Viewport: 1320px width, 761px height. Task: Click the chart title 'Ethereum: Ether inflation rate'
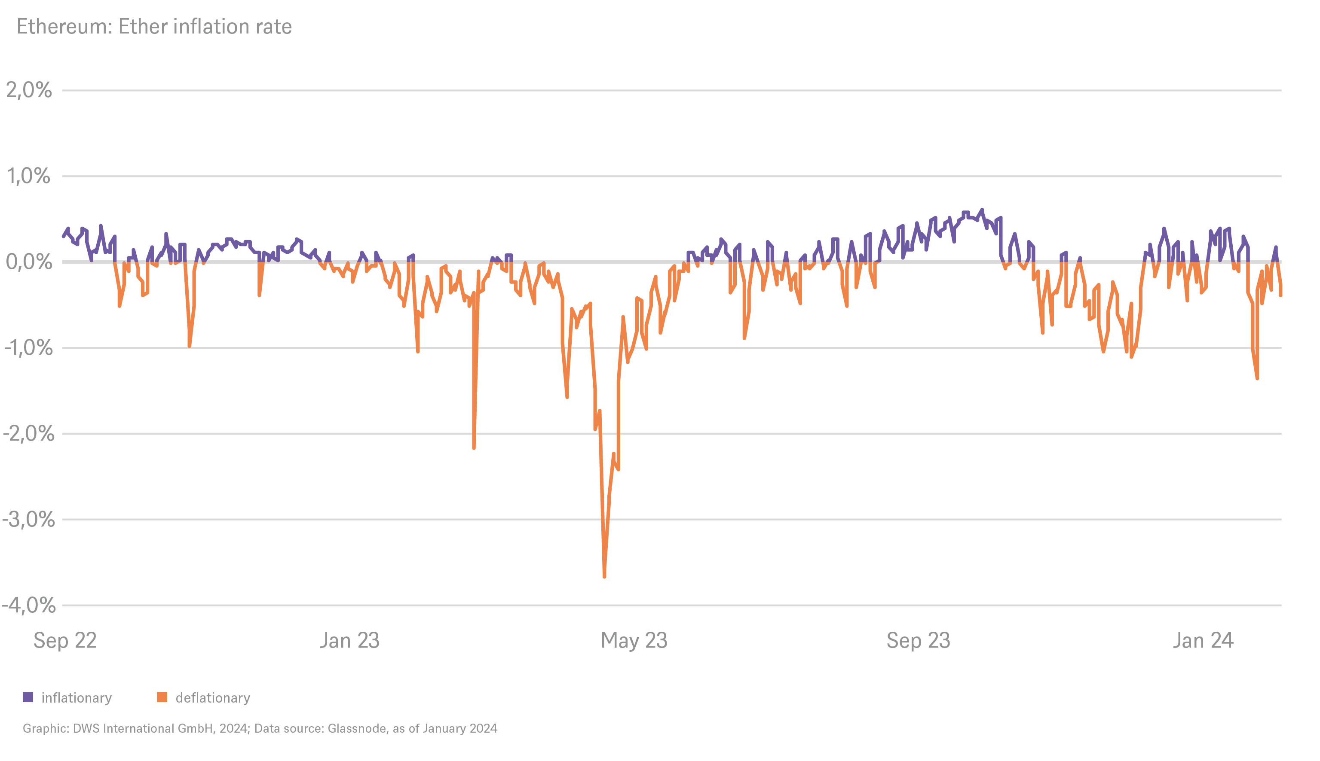[154, 27]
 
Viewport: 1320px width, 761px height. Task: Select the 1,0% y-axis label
[29, 176]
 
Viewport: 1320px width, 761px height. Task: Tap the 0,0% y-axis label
[29, 262]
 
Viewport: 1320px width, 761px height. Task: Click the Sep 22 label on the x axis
[65, 640]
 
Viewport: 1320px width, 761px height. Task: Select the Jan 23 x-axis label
[349, 640]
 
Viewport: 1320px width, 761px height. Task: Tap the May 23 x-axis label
[634, 640]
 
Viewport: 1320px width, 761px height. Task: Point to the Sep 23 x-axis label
[919, 640]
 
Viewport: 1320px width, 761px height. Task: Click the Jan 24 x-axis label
[1203, 640]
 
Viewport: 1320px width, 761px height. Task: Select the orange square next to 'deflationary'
[162, 697]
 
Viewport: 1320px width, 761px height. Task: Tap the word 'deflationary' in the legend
[213, 698]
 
